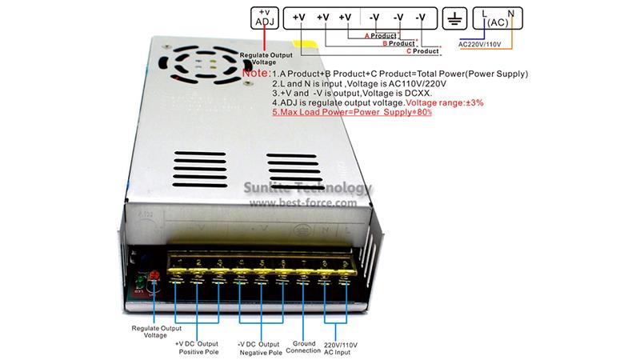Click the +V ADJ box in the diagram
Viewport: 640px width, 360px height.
tap(264, 18)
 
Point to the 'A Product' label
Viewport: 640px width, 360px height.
tap(381, 36)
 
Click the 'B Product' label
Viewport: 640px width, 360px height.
tap(398, 44)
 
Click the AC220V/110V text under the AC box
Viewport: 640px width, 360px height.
tap(485, 45)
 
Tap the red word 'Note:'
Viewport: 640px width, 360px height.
tap(256, 74)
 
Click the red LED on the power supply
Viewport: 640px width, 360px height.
tap(154, 277)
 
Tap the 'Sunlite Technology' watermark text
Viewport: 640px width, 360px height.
tap(309, 189)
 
